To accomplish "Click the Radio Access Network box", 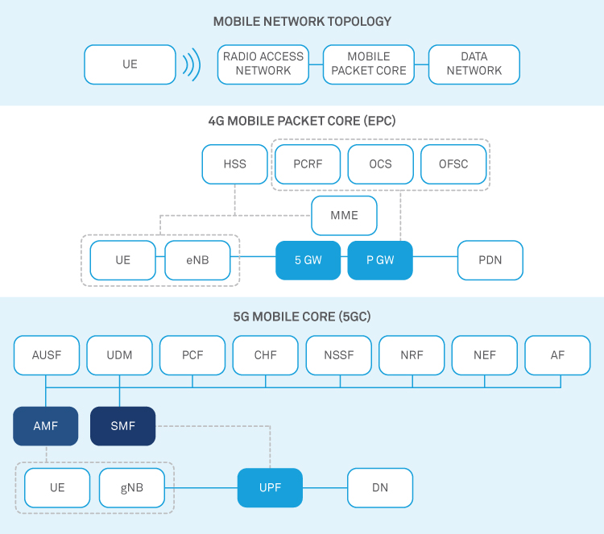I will (263, 64).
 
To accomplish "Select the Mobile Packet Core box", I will (369, 64).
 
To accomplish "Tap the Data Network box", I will (474, 64).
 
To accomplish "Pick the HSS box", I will (234, 164).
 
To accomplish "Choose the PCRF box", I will (308, 164).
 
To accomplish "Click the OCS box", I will (380, 164).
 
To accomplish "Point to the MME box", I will (344, 216).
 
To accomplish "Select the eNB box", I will (197, 261).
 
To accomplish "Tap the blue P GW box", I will (380, 261).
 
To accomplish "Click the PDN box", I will (490, 261).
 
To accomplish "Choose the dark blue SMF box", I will (122, 426).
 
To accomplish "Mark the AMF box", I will (46, 426).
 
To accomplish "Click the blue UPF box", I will (270, 488).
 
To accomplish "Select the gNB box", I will (132, 488).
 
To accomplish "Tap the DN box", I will (380, 488).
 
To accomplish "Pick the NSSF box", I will (339, 355).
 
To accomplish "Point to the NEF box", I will (485, 355).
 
